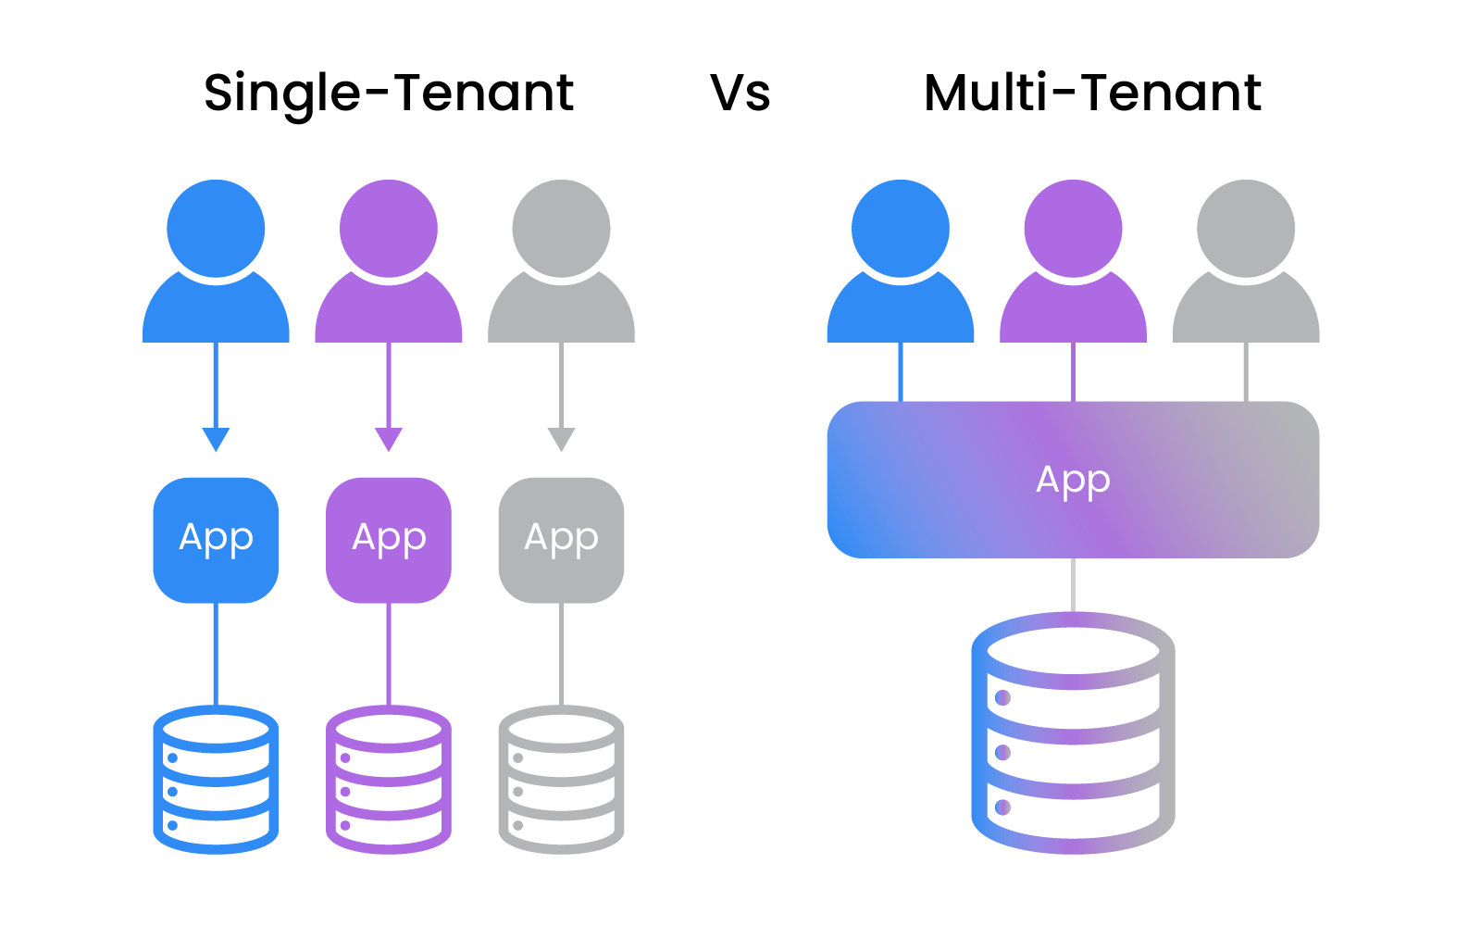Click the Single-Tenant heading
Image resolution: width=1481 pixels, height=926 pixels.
pyautogui.click(x=389, y=93)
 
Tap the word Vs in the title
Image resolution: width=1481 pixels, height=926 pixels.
pyautogui.click(x=740, y=93)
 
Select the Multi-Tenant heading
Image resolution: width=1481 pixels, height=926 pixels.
pyautogui.click(x=1092, y=93)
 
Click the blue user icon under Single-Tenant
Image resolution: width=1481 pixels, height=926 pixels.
pyautogui.click(x=216, y=264)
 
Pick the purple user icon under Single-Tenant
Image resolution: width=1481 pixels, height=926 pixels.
pyautogui.click(x=389, y=264)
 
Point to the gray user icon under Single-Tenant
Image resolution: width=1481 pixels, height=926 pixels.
pyautogui.click(x=561, y=264)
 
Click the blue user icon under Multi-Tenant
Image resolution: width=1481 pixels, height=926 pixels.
pyautogui.click(x=900, y=264)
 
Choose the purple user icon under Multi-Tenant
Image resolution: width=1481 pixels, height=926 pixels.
pyautogui.click(x=1073, y=264)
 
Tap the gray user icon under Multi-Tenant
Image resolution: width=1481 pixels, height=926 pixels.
pyautogui.click(x=1246, y=264)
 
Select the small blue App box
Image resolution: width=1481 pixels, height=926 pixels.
pyautogui.click(x=216, y=539)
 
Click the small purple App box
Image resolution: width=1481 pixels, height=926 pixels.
pyautogui.click(x=389, y=539)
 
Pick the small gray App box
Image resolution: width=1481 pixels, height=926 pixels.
pyautogui.click(x=561, y=539)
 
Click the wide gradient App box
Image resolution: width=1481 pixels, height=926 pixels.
pyautogui.click(x=1073, y=480)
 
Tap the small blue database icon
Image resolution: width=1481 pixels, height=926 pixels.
pyautogui.click(x=216, y=780)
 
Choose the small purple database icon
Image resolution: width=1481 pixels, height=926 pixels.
pyautogui.click(x=389, y=780)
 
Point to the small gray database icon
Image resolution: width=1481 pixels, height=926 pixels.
pyautogui.click(x=561, y=780)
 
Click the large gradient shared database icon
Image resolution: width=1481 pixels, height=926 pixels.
pyautogui.click(x=1073, y=732)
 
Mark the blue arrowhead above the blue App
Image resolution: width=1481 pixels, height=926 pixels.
pyautogui.click(x=216, y=439)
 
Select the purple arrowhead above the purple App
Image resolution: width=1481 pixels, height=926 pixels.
pyautogui.click(x=389, y=439)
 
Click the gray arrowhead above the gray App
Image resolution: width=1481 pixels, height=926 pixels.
pyautogui.click(x=561, y=439)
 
